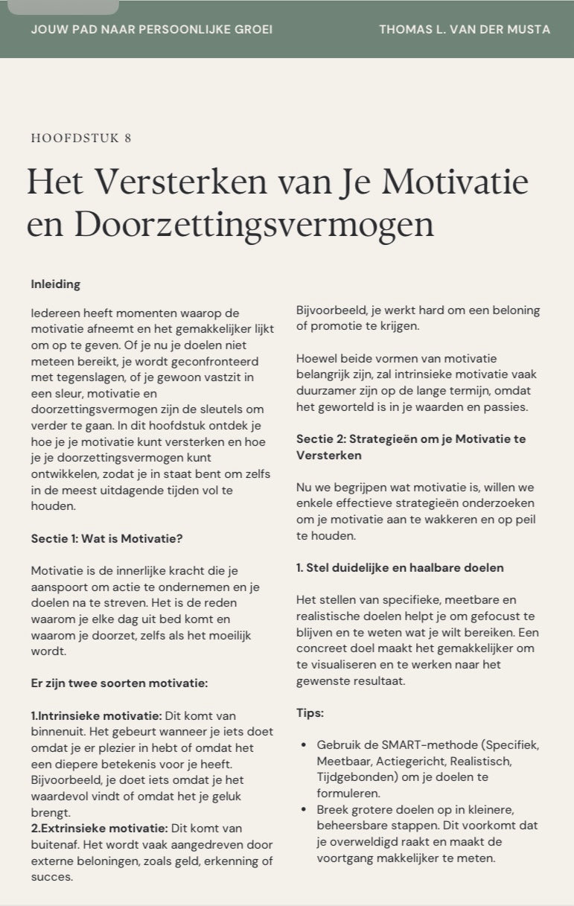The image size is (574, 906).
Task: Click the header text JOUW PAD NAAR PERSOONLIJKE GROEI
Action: (x=152, y=30)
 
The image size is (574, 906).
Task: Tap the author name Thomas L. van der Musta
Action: (x=465, y=30)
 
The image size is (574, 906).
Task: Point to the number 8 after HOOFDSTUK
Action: (x=128, y=138)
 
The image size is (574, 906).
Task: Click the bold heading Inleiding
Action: (x=56, y=284)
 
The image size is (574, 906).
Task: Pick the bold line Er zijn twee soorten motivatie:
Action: (x=119, y=683)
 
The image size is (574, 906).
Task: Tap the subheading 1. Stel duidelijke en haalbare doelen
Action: (x=400, y=568)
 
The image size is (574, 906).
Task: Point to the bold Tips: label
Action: (x=310, y=712)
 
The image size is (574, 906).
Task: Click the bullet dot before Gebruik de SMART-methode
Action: (x=303, y=745)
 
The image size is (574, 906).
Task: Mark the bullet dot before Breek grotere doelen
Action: (x=303, y=810)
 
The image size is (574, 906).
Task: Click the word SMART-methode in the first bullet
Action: (x=415, y=744)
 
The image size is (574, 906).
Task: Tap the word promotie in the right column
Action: (x=334, y=326)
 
